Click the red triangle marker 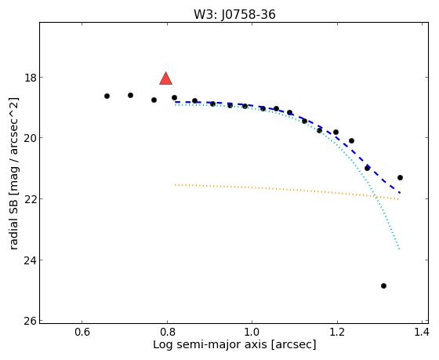165,78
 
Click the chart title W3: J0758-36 234,15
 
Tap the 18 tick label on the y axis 31,78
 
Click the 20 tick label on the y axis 31,138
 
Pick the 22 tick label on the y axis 31,199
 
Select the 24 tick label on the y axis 31,260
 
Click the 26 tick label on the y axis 31,321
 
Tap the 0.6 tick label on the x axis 82,333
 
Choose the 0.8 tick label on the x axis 167,333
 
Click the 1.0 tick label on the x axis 252,333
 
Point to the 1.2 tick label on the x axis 337,333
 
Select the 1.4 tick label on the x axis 422,333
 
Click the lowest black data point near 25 383,285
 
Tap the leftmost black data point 107,96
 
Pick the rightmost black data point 400,177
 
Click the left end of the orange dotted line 176,185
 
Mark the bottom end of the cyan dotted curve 399,249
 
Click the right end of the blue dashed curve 400,193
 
